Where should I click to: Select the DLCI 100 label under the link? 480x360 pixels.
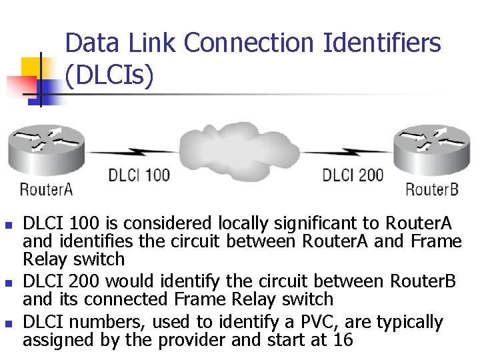coord(139,176)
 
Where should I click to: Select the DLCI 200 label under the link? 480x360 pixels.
coord(353,176)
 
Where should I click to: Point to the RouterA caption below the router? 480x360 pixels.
coord(46,189)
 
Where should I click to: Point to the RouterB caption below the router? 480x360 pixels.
coord(432,189)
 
